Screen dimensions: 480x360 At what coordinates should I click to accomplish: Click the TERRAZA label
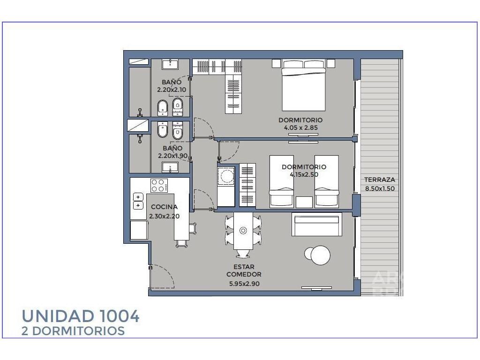coord(379,180)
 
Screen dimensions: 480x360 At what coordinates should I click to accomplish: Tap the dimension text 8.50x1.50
coord(380,188)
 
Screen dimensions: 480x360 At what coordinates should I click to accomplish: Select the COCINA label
coord(164,207)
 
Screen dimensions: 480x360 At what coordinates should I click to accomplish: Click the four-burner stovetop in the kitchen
coord(159,186)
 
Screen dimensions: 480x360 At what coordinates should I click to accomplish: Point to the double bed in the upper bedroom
coord(304,85)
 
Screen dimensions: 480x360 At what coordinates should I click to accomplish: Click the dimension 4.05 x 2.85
coord(301,127)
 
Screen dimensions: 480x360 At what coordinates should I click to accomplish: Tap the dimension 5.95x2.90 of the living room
coord(244,284)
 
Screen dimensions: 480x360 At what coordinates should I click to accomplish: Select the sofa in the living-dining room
coord(317,225)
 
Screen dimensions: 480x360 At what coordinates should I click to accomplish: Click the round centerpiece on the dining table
coord(243,231)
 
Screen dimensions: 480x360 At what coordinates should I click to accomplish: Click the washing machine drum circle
coord(226,176)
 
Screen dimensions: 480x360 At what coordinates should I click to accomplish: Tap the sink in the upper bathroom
coord(170,65)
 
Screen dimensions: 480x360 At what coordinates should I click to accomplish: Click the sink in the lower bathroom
coord(170,167)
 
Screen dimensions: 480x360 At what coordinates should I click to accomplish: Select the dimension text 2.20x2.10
coord(172,90)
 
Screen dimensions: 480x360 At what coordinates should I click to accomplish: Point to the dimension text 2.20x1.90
coord(172,156)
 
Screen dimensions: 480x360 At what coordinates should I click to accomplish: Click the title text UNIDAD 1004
coord(81,316)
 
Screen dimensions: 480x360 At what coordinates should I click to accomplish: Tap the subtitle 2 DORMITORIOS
coord(73,331)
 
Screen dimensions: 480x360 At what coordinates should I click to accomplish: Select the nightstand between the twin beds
coord(304,202)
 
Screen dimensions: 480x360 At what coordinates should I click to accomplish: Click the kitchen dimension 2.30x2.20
coord(165,217)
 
